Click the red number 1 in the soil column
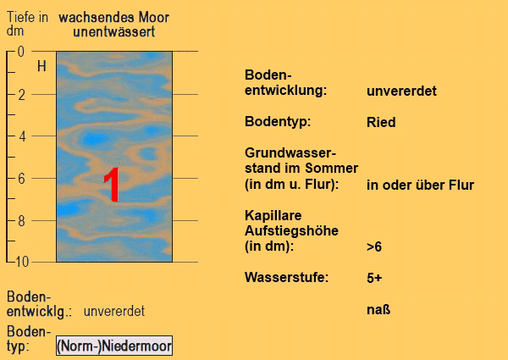(x=112, y=185)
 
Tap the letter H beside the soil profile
(x=41, y=66)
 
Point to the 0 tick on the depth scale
(x=20, y=52)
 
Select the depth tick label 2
(x=20, y=95)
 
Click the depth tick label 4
(x=22, y=136)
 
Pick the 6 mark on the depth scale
(x=21, y=179)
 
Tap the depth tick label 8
(x=21, y=221)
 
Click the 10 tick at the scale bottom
(x=22, y=262)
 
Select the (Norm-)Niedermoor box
(x=114, y=346)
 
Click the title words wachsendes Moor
(x=114, y=17)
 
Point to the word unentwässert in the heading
(x=114, y=31)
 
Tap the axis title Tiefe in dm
(x=27, y=24)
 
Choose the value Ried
(x=381, y=122)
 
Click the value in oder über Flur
(x=420, y=185)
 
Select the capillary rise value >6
(x=374, y=246)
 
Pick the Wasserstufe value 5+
(x=374, y=278)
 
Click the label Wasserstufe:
(x=287, y=277)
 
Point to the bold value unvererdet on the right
(x=401, y=91)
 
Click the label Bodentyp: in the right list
(x=278, y=122)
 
